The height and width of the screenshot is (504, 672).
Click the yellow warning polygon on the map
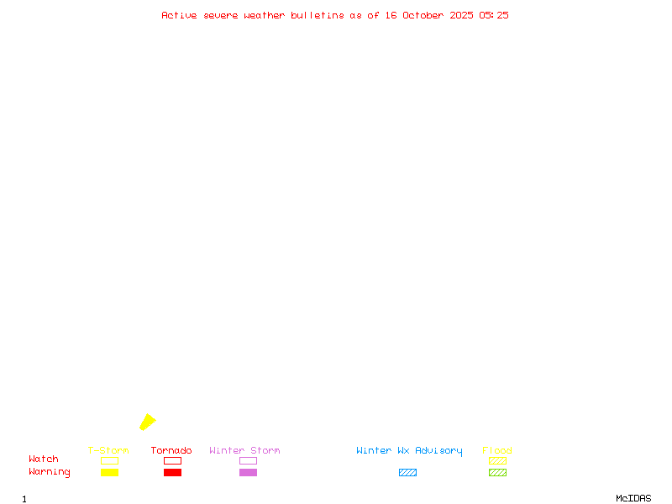point(147,422)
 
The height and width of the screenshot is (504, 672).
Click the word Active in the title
point(179,15)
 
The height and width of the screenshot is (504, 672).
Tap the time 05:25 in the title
point(494,15)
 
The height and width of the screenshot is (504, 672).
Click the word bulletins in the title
point(318,15)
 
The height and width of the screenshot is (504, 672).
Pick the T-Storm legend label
point(108,451)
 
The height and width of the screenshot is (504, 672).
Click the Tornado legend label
point(171,451)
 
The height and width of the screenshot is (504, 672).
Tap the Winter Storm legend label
point(244,451)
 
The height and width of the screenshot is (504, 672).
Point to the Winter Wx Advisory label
point(409,451)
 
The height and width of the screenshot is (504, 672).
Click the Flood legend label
point(497,451)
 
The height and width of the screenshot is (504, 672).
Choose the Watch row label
point(44,459)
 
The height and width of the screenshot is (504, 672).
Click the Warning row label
point(50,472)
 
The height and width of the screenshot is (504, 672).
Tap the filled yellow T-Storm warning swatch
point(109,473)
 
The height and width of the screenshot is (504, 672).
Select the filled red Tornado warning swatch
point(172,473)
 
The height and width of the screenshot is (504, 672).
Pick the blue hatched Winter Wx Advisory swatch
point(407,473)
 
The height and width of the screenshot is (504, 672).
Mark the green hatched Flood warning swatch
point(497,473)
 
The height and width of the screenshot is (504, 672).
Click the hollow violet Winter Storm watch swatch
point(248,460)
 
